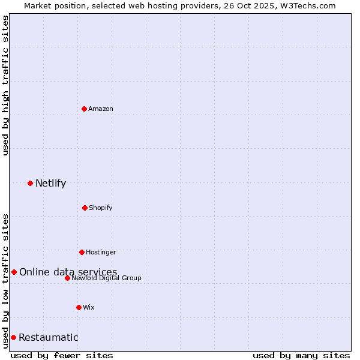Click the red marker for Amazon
click(85, 109)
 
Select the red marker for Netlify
click(30, 183)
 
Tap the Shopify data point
click(85, 208)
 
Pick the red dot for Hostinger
click(82, 252)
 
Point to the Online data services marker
click(14, 272)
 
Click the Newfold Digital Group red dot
click(67, 278)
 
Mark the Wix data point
click(79, 307)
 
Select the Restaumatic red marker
click(13, 337)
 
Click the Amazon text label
click(101, 109)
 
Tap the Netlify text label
click(50, 183)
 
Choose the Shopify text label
click(101, 208)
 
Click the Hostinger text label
click(101, 252)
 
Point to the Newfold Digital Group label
click(107, 278)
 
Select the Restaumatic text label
click(48, 337)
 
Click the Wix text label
click(89, 307)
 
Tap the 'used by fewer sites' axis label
click(62, 355)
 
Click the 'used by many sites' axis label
click(301, 355)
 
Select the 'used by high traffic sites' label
click(5, 85)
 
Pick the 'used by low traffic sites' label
click(5, 280)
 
